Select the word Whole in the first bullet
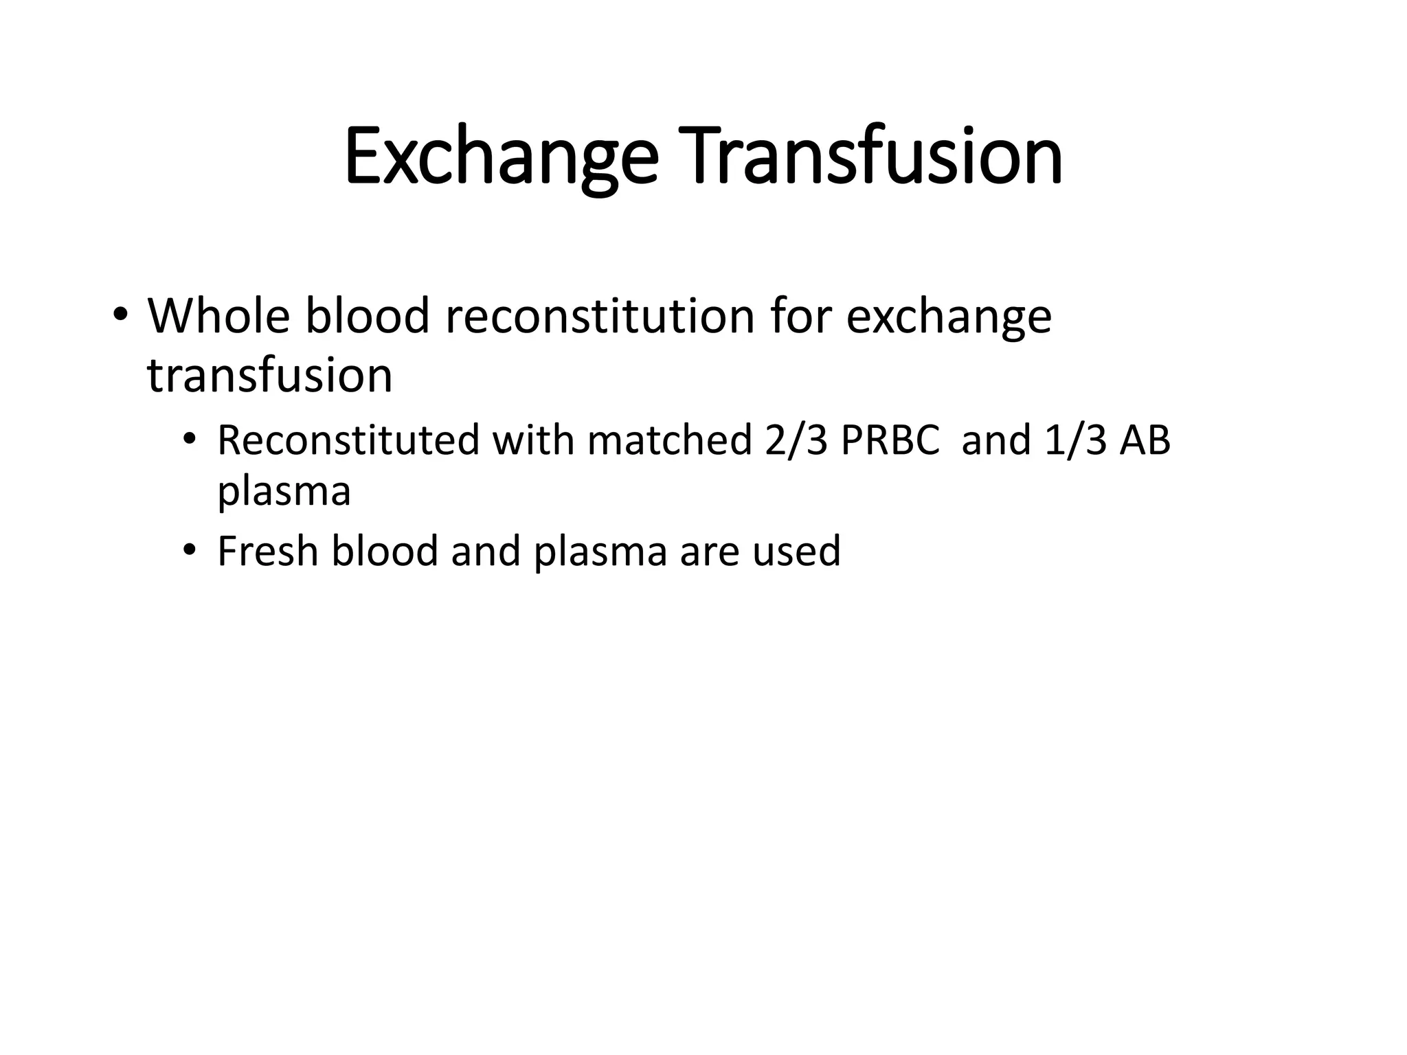pyautogui.click(x=218, y=316)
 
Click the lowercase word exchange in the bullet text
pyautogui.click(x=949, y=317)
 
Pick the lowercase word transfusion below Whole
pyautogui.click(x=269, y=376)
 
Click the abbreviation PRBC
pyautogui.click(x=890, y=440)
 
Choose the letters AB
pyautogui.click(x=1145, y=440)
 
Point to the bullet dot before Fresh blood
pyautogui.click(x=190, y=551)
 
